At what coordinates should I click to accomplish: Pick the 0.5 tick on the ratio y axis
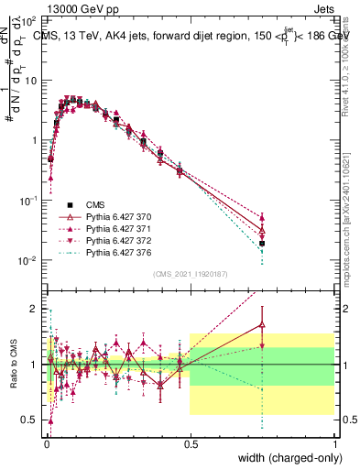click(33, 420)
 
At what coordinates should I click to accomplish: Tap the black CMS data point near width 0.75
click(262, 244)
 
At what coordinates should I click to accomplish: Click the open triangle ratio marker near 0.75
click(262, 324)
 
